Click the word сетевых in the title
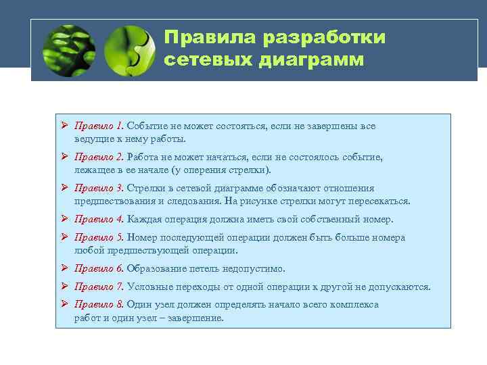pyautogui.click(x=209, y=60)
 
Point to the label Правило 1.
pyautogui.click(x=99, y=126)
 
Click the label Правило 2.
pyautogui.click(x=99, y=157)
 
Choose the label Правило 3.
pyautogui.click(x=99, y=188)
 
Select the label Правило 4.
pyautogui.click(x=99, y=219)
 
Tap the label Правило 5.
pyautogui.click(x=99, y=237)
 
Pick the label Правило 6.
pyautogui.click(x=99, y=268)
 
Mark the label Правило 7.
pyautogui.click(x=99, y=287)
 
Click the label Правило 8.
pyautogui.click(x=99, y=305)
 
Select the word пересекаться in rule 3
pyautogui.click(x=380, y=201)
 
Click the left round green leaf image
pyautogui.click(x=68, y=50)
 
